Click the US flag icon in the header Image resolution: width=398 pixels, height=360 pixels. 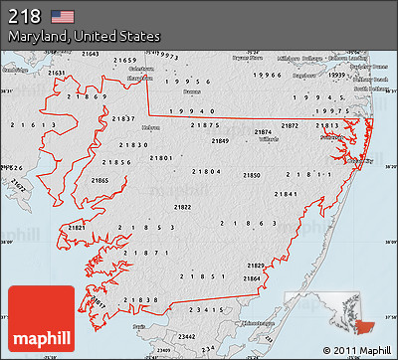point(63,16)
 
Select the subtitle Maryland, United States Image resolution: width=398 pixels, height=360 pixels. point(85,36)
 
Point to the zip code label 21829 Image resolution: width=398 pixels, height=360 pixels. point(256,266)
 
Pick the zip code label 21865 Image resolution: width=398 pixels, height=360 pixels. point(100,180)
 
